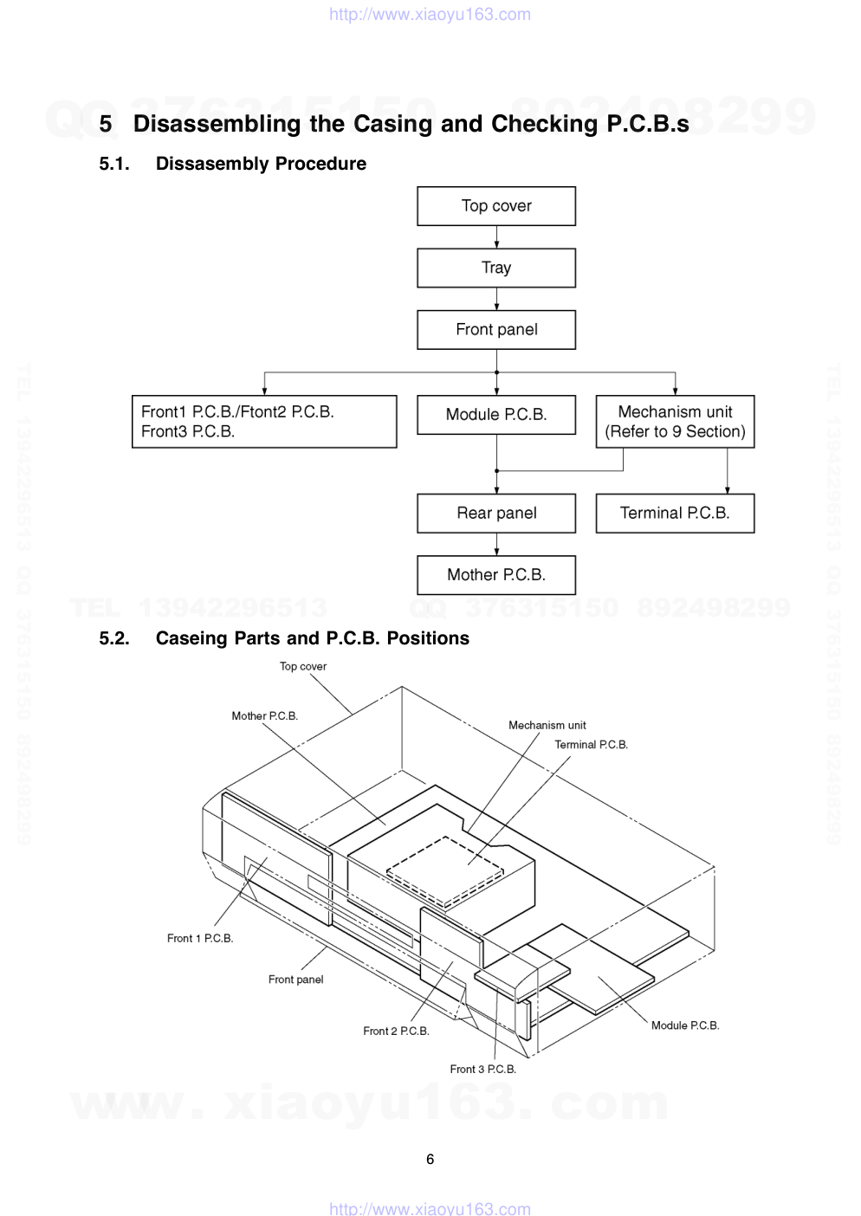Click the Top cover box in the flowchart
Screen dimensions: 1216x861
point(496,206)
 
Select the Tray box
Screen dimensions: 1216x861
point(496,268)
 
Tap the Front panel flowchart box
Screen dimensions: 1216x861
point(496,329)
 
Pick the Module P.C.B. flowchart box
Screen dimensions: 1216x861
point(496,415)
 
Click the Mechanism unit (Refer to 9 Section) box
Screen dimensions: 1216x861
point(675,422)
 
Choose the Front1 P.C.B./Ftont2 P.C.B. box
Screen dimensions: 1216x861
point(264,422)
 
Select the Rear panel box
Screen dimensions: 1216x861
point(496,513)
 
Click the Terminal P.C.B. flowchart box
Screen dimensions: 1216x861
point(675,513)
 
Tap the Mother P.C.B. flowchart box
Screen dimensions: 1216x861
point(496,574)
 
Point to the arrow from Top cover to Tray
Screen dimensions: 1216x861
point(496,237)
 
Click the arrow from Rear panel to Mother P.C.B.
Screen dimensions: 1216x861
point(496,544)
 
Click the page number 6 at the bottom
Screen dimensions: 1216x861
point(430,1159)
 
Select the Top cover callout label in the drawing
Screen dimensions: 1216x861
point(303,666)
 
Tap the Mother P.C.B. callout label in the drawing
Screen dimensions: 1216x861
point(264,716)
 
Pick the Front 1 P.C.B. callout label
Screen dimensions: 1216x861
point(200,938)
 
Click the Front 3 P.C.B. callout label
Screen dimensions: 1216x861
point(482,1069)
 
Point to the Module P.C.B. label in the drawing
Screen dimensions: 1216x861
point(685,1025)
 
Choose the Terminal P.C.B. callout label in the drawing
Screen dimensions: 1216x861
point(591,745)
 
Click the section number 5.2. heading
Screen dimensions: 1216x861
point(114,638)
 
